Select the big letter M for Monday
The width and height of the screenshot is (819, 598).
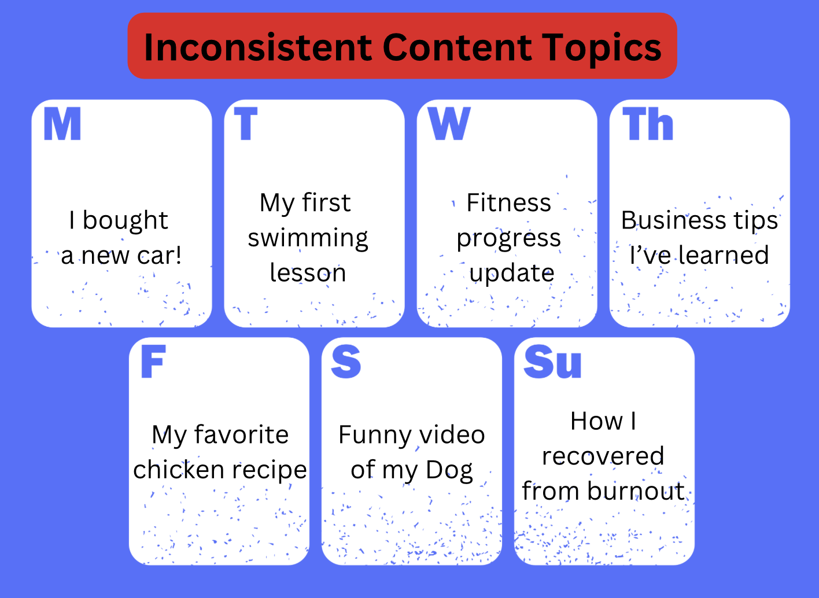62,124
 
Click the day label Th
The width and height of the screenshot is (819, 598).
648,124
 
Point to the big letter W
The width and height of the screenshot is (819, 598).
449,124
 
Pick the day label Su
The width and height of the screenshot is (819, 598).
552,362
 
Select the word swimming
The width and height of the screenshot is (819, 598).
308,239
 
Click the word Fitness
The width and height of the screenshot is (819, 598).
508,202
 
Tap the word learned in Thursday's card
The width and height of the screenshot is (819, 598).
724,255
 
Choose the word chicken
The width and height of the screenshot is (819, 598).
179,470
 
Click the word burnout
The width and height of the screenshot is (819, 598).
636,490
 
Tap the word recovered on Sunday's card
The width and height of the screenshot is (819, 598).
603,456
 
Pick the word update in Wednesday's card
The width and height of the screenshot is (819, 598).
512,274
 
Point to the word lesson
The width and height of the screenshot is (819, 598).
308,272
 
